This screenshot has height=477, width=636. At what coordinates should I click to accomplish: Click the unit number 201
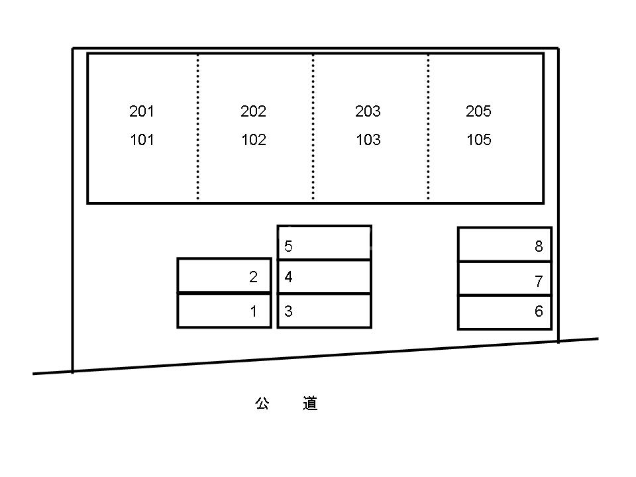coord(142,111)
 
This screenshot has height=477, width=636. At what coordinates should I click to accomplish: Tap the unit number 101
coord(142,140)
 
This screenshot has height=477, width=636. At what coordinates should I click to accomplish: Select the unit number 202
coord(253,111)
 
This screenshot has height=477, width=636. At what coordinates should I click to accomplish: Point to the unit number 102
coord(253,140)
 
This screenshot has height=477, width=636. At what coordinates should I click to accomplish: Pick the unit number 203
coord(368,111)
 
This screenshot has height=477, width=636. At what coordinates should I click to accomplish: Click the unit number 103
coord(368,140)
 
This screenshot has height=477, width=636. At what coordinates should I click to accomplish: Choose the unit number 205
coord(478,111)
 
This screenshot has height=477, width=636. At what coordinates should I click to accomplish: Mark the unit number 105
coord(478,140)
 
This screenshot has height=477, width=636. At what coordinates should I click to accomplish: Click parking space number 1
coord(253,311)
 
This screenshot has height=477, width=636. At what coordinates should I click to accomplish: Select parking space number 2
coord(253,277)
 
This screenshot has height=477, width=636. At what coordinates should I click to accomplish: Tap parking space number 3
coord(289,311)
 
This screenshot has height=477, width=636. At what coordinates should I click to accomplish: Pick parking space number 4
coord(289,277)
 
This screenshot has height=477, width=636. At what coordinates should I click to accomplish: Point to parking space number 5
coord(289,246)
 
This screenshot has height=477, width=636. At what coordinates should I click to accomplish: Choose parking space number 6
coord(539,311)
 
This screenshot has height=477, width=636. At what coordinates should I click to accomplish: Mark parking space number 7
coord(539,281)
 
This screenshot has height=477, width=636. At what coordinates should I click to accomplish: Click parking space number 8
coord(539,246)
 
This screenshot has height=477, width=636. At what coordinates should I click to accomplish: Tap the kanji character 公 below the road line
coord(262,403)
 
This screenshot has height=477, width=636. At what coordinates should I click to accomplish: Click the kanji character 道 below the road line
coord(310,403)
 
